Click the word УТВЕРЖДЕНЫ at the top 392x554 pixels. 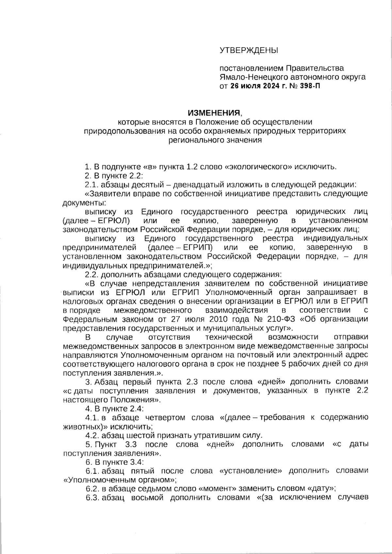click(248, 50)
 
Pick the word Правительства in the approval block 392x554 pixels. click(315, 68)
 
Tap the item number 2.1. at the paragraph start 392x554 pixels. click(92, 185)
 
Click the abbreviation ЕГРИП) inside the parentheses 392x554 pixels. click(197, 247)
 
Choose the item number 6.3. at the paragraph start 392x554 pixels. click(92, 498)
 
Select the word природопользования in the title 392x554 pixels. click(123, 131)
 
